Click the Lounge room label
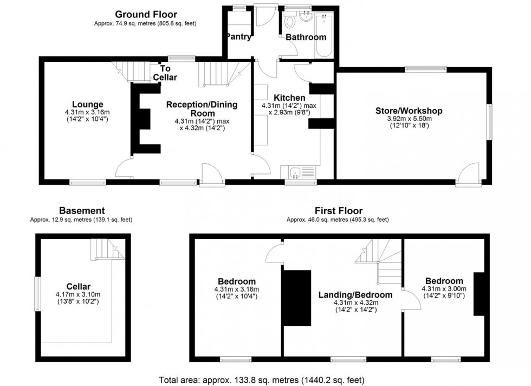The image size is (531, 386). pyautogui.click(x=87, y=104)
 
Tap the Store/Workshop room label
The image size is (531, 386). pyautogui.click(x=409, y=111)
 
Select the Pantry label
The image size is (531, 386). pyautogui.click(x=239, y=37)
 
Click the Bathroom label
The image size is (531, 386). pyautogui.click(x=306, y=37)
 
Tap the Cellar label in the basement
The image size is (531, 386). pyautogui.click(x=79, y=286)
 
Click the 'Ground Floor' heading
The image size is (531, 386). pyautogui.click(x=146, y=14)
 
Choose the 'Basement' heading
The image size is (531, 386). pyautogui.click(x=81, y=210)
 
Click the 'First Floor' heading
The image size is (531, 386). pyautogui.click(x=339, y=210)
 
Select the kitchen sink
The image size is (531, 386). pyautogui.click(x=295, y=173)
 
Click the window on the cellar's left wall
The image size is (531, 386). pyautogui.click(x=37, y=294)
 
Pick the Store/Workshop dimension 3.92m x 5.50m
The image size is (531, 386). pyautogui.click(x=409, y=119)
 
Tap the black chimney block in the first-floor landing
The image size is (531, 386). pyautogui.click(x=296, y=298)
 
